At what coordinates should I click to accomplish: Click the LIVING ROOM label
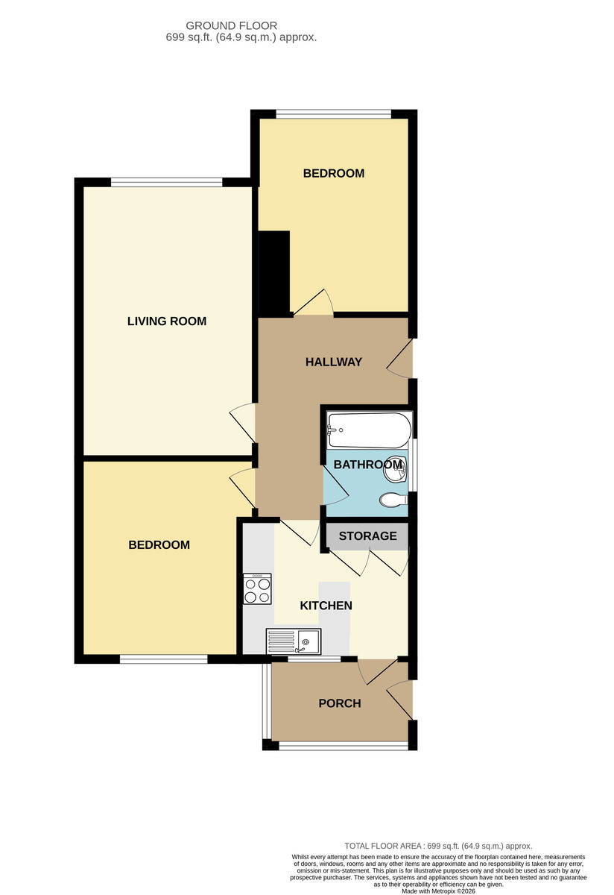coord(167,321)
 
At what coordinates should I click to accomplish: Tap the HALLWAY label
coord(334,362)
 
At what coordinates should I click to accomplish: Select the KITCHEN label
coord(326,606)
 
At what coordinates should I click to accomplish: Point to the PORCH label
coord(340,703)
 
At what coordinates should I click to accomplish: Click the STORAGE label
coord(367,536)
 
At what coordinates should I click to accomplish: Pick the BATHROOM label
coord(367,464)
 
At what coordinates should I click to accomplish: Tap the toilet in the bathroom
coord(393,500)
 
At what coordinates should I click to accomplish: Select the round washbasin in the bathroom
coord(395,471)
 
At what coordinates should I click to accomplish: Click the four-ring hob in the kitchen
coord(258,588)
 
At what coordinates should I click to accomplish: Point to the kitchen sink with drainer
coord(294,641)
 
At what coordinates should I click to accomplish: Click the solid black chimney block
coord(274,274)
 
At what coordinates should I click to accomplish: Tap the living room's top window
coord(166,183)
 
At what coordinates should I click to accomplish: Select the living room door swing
coord(242,423)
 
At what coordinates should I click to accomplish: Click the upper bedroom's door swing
coord(314,302)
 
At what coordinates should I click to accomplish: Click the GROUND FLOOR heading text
coord(232,26)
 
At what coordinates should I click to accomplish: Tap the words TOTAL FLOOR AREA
coord(383,846)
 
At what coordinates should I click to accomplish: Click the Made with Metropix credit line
coord(438,891)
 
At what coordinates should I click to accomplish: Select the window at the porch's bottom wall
coord(344,746)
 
